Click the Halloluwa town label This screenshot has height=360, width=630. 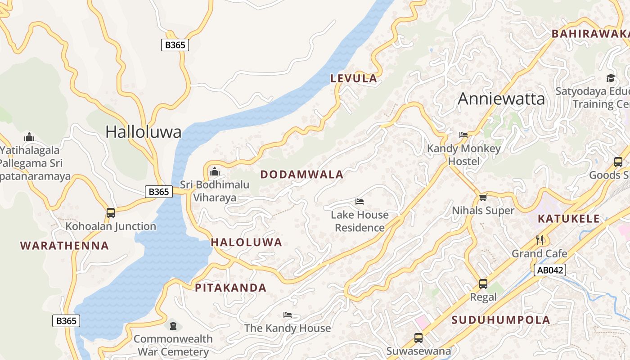(x=143, y=132)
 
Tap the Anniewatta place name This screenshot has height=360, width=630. (x=501, y=99)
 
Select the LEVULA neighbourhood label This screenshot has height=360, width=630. (x=354, y=78)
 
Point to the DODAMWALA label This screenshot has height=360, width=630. (x=301, y=175)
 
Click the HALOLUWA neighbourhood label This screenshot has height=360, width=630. (x=246, y=242)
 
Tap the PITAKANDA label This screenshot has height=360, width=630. (x=230, y=288)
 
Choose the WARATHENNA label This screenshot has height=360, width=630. (x=64, y=246)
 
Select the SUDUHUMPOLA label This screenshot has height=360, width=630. (x=501, y=320)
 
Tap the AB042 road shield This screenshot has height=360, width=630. (x=549, y=270)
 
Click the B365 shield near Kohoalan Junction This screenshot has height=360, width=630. (x=159, y=192)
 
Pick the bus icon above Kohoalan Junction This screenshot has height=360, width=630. (x=111, y=213)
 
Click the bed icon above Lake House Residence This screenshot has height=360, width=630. (x=360, y=202)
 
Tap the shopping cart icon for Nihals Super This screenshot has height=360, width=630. (x=483, y=197)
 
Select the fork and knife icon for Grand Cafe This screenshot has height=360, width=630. (x=540, y=240)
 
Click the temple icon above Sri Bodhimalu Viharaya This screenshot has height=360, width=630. (x=215, y=171)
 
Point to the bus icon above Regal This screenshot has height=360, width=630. (x=483, y=284)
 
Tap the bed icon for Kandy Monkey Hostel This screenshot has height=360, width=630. (x=463, y=135)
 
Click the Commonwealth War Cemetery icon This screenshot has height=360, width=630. (x=173, y=325)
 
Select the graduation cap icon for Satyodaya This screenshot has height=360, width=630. (x=611, y=78)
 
